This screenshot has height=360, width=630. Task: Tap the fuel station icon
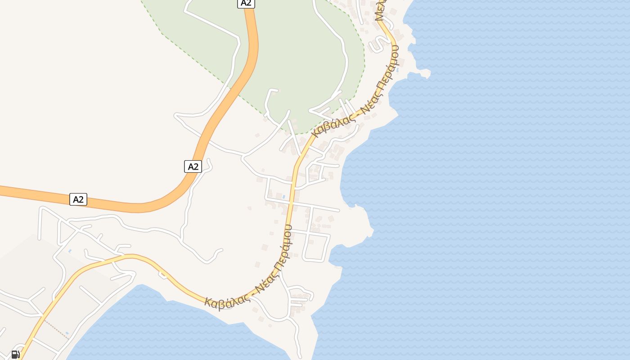pos(15,354)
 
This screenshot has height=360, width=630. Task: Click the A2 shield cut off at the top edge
pos(246,3)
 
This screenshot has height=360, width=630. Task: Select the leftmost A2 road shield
pos(78,199)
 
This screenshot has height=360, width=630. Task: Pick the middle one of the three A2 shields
pos(193,166)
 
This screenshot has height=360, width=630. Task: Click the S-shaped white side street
pos(377,44)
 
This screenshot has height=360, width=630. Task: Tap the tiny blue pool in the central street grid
pos(283,197)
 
